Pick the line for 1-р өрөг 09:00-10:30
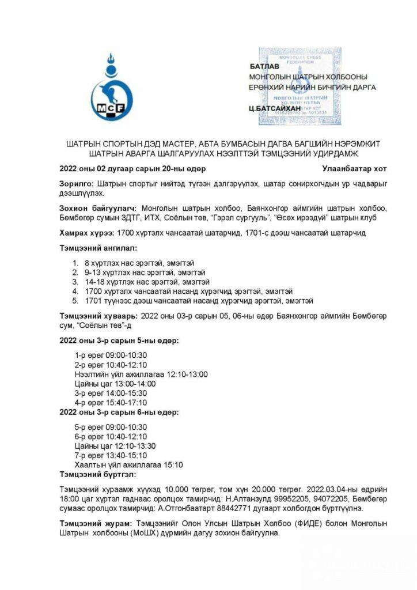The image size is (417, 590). (111, 354)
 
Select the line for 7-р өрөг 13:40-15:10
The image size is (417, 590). (111, 455)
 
